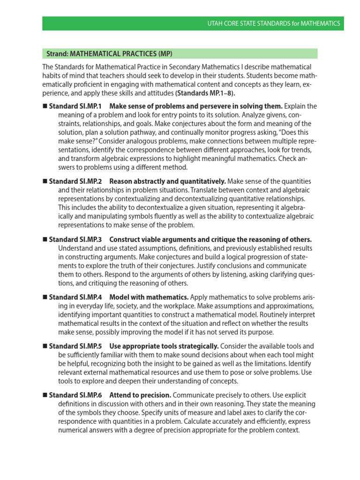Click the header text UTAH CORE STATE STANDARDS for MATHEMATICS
point(276,23)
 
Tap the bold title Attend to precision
point(140,395)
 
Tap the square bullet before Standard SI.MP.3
point(45,240)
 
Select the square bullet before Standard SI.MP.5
point(45,346)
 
